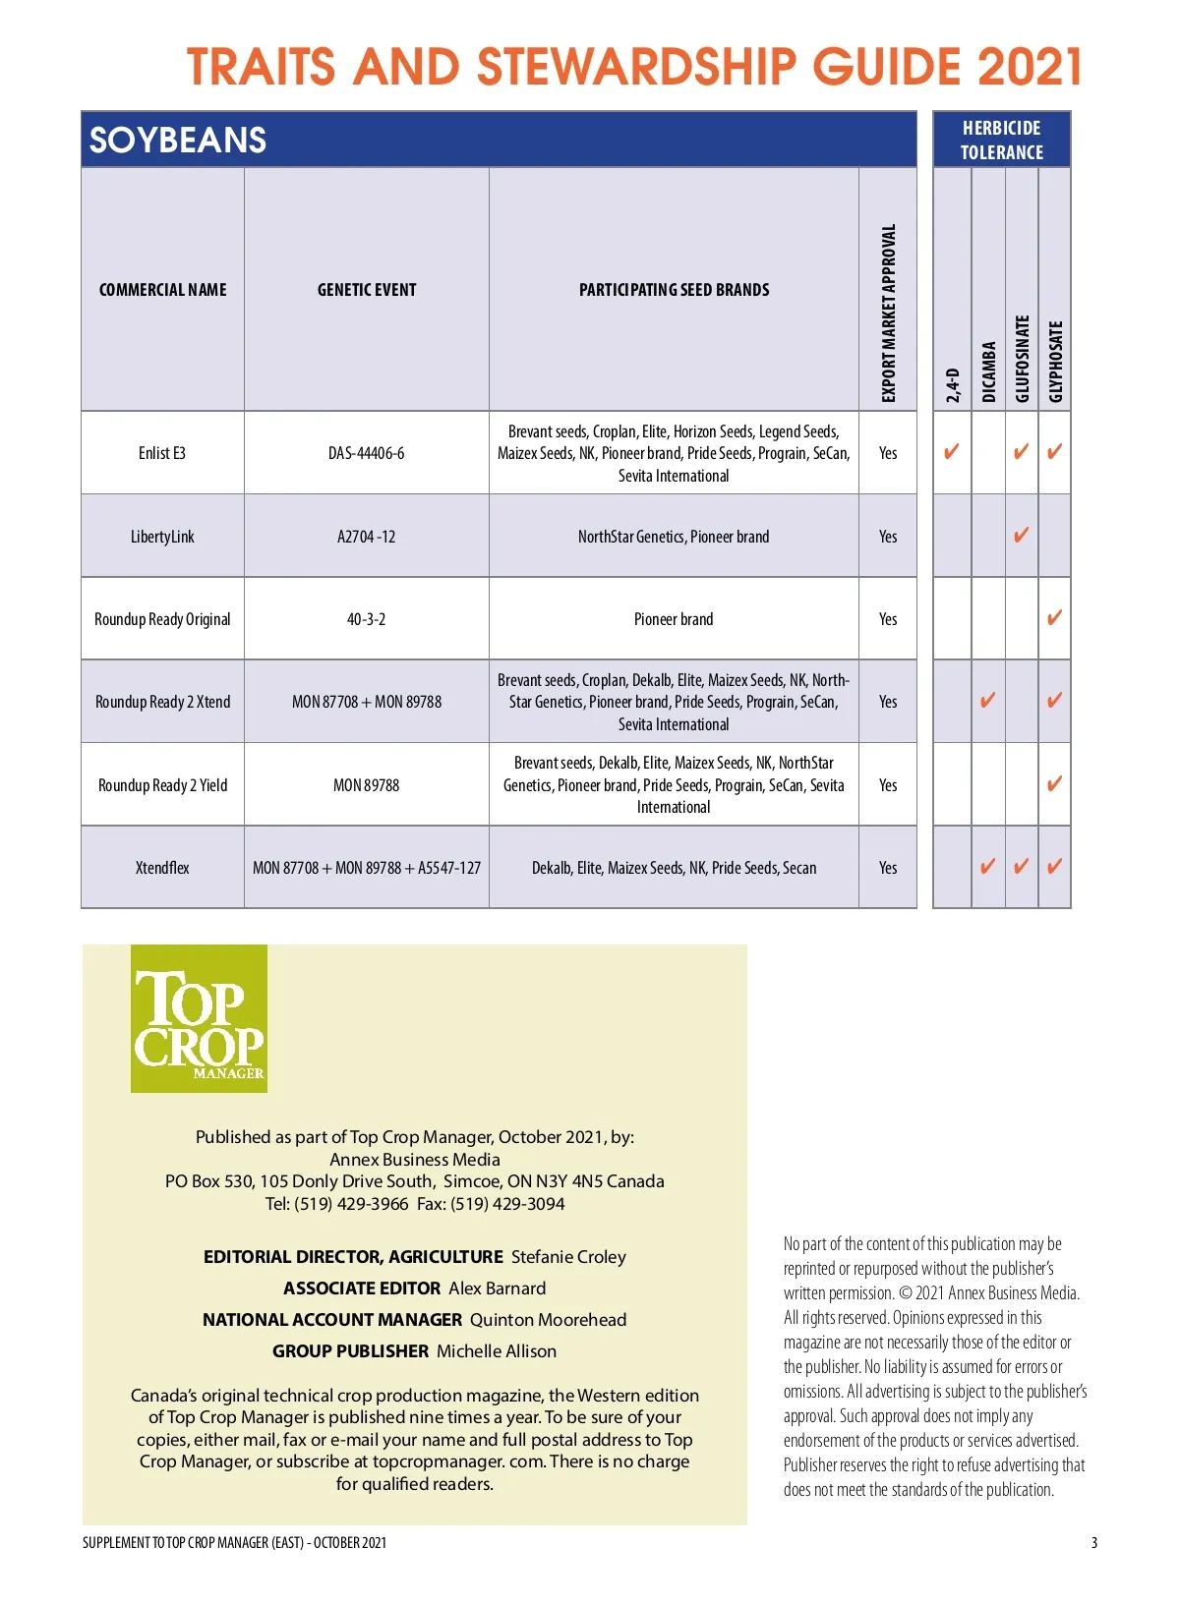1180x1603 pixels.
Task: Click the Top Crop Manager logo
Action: pos(199,1018)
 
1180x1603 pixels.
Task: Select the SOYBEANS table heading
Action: pos(178,141)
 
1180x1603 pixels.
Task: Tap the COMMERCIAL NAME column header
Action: pos(162,290)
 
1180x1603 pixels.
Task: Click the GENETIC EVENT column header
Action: pos(366,290)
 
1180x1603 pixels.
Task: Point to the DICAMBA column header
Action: pos(988,372)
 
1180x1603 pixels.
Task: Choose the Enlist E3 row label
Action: pos(162,453)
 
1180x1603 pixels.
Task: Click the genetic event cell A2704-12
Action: pos(366,537)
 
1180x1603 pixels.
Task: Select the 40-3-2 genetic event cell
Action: pos(366,619)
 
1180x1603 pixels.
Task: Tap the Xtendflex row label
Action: pos(162,868)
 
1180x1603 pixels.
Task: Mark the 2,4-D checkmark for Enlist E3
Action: pos(951,452)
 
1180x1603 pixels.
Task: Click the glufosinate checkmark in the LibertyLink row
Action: pos(1021,536)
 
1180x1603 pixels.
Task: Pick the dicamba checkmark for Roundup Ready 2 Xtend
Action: pos(987,701)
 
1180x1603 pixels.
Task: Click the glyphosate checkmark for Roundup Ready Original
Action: pos(1054,618)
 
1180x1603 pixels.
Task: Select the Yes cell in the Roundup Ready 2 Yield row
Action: pos(888,785)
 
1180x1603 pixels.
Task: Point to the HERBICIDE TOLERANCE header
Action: pos(1001,140)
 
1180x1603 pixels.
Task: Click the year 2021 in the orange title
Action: pos(1030,67)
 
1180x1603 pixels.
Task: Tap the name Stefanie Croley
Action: pos(568,1257)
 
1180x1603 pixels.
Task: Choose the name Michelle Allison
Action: pos(497,1351)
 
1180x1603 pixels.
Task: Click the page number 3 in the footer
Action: pos(1093,1542)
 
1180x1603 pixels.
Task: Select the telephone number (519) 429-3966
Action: pos(351,1204)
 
